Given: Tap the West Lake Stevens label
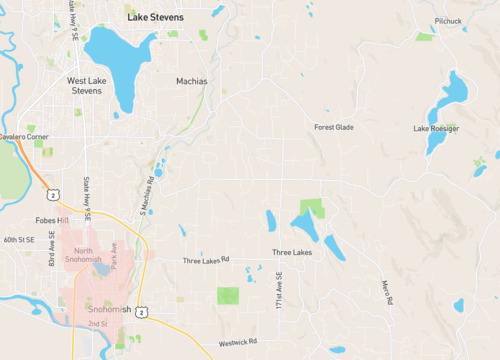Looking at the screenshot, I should (x=84, y=85).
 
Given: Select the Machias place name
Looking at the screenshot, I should (x=191, y=81).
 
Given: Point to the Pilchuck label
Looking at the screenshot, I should (x=449, y=20).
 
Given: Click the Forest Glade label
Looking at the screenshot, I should (x=334, y=127).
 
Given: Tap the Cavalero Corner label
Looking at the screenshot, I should (x=23, y=136).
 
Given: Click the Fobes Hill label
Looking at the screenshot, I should (x=50, y=220).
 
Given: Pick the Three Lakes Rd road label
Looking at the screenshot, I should (x=206, y=260).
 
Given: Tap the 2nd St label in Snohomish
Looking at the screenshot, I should (x=97, y=325).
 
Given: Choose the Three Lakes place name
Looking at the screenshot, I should (x=292, y=253).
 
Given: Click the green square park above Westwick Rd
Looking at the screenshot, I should (x=228, y=296).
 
